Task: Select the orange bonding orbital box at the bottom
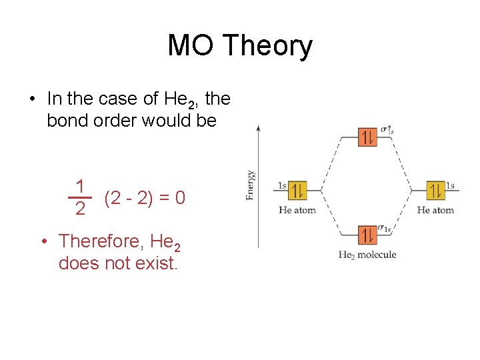click(367, 235)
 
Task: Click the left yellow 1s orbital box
click(298, 191)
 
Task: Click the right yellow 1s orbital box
click(436, 191)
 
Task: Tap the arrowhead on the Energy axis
click(259, 127)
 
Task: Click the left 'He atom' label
click(297, 210)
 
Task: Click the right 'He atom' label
click(435, 210)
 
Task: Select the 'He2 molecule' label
click(367, 255)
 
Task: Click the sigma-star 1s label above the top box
click(387, 129)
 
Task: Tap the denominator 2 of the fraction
click(80, 209)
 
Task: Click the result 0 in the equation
click(179, 198)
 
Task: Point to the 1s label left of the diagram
click(282, 185)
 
